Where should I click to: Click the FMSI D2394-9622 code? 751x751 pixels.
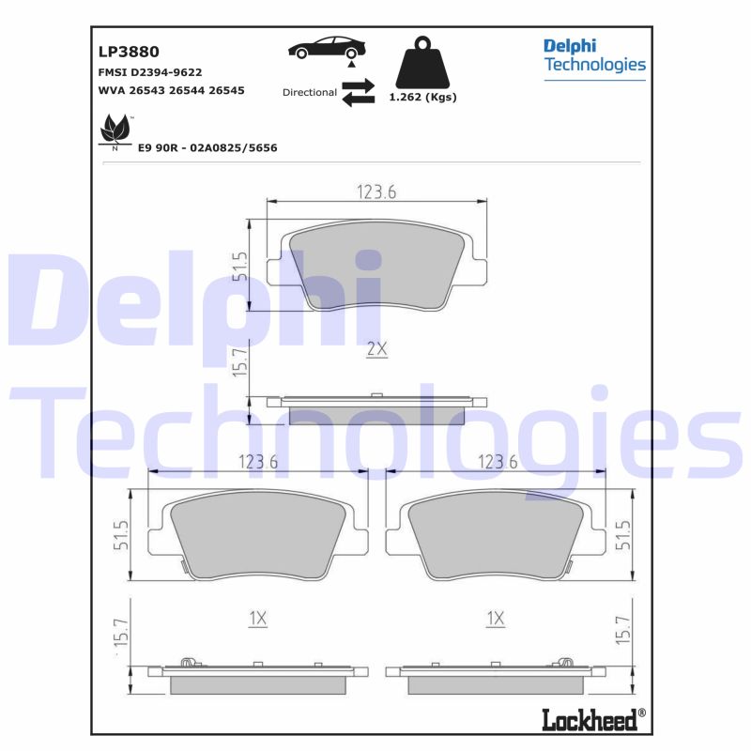click(x=150, y=72)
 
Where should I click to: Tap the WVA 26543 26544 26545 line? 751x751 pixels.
click(x=171, y=91)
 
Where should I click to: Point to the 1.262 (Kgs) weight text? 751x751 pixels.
click(x=422, y=97)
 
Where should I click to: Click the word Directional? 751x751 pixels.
click(x=309, y=93)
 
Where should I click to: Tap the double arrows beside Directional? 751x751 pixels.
click(x=358, y=93)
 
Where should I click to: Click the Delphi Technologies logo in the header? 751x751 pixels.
click(x=594, y=55)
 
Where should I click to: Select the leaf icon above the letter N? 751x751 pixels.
click(x=115, y=128)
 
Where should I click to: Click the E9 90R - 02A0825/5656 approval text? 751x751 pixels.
click(x=207, y=148)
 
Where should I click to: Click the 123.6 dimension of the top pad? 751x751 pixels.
click(x=377, y=192)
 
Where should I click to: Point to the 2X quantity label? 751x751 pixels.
click(x=376, y=349)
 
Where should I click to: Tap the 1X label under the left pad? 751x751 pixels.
click(x=258, y=618)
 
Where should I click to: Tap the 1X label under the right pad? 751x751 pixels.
click(x=495, y=618)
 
